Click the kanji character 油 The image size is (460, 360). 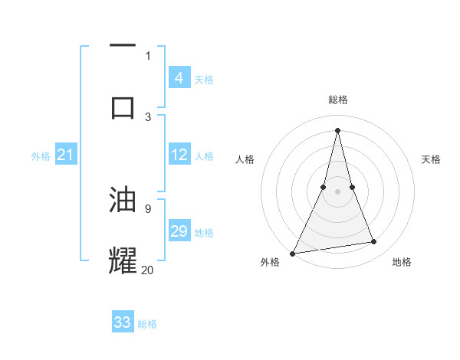123,199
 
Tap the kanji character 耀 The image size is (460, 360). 123,260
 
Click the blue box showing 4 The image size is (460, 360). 179,77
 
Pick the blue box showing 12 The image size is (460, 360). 179,155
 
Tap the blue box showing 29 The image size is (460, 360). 179,231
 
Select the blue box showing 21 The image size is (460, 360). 66,155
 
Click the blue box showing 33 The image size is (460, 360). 123,322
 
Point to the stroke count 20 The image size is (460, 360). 148,269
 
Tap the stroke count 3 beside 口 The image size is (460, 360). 148,116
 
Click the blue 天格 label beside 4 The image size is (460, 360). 204,79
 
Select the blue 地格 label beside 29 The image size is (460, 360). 204,233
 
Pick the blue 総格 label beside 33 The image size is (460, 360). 147,324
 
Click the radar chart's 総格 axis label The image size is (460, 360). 337,100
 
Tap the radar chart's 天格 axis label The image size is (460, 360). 432,159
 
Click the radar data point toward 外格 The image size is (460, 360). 292,254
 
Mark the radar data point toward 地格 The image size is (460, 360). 374,242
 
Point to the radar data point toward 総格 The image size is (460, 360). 337,130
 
